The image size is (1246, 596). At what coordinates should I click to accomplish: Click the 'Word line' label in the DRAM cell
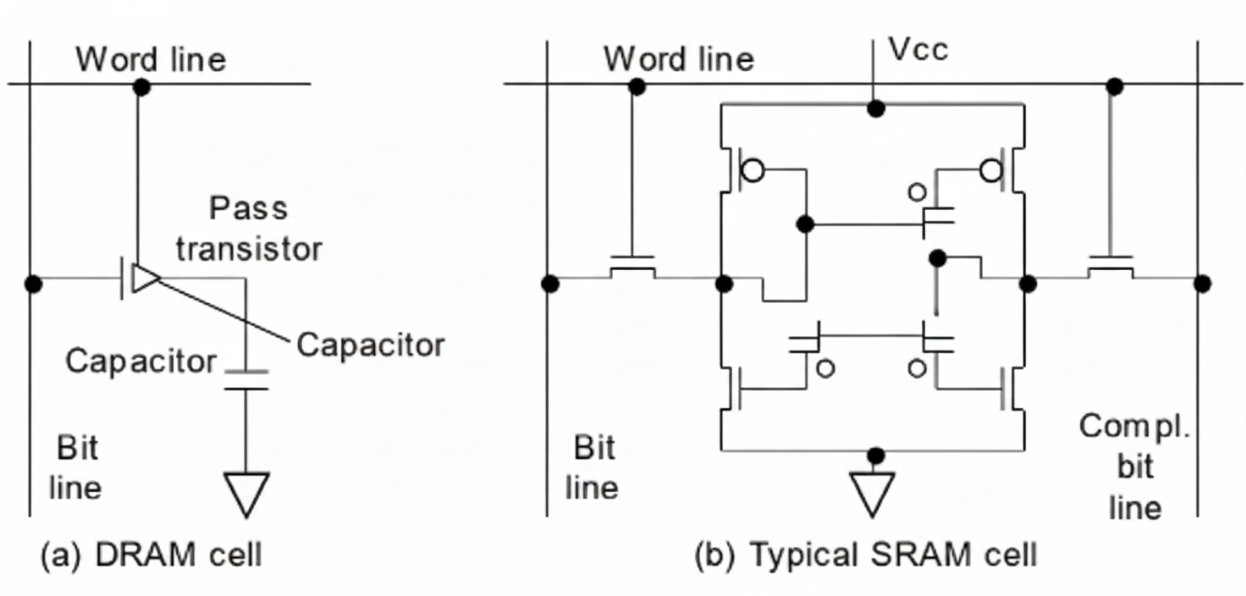[x=151, y=60]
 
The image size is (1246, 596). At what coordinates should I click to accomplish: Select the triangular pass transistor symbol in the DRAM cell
[x=144, y=279]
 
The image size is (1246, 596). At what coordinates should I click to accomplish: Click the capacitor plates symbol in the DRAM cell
[x=246, y=380]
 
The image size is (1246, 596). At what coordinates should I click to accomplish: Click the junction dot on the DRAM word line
[x=142, y=86]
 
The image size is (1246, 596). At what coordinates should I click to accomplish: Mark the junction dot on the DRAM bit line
[x=33, y=284]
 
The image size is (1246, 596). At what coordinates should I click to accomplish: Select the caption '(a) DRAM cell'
[x=152, y=555]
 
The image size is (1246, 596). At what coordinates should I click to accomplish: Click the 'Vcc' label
[x=918, y=50]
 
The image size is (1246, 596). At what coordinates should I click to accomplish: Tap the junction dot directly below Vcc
[x=877, y=108]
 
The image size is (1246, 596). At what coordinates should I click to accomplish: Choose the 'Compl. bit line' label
[x=1135, y=466]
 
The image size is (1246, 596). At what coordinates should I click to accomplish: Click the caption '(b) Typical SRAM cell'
[x=865, y=555]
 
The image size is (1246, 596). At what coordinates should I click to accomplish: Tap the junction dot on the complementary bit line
[x=1202, y=284]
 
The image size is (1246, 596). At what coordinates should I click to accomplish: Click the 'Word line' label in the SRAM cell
[x=678, y=59]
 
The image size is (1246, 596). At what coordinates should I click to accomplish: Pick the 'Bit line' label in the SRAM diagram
[x=594, y=467]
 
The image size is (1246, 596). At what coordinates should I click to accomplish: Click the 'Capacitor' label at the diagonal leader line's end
[x=371, y=345]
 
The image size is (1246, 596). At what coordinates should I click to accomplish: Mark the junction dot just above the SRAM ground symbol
[x=876, y=455]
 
